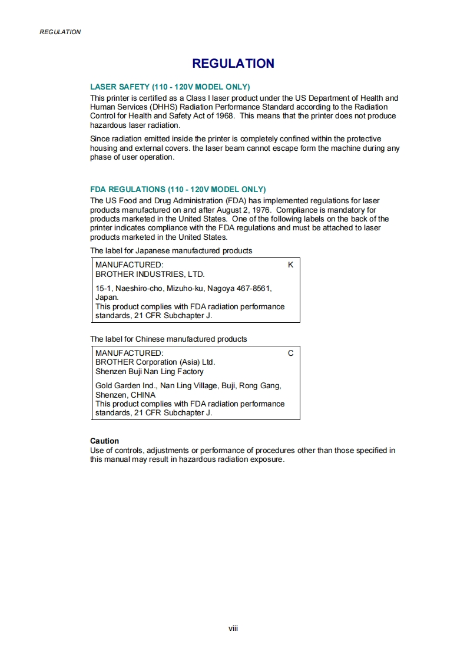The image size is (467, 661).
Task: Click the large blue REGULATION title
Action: [x=233, y=64]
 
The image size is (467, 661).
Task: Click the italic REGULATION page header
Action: [x=60, y=32]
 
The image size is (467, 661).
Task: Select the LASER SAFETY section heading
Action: [x=170, y=87]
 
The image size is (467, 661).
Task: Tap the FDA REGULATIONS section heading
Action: [x=178, y=189]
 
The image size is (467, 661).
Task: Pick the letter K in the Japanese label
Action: [x=290, y=265]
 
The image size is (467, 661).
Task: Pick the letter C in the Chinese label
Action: [x=290, y=353]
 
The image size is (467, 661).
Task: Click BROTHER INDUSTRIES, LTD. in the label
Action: [x=150, y=274]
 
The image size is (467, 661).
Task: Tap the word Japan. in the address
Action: [x=107, y=298]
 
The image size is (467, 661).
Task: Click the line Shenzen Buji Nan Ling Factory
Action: [x=150, y=372]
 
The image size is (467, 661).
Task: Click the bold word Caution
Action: [x=104, y=441]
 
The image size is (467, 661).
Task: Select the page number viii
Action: [x=233, y=628]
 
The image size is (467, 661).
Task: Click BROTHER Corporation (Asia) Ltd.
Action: [x=155, y=362]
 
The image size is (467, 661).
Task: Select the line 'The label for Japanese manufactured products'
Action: [x=171, y=250]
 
